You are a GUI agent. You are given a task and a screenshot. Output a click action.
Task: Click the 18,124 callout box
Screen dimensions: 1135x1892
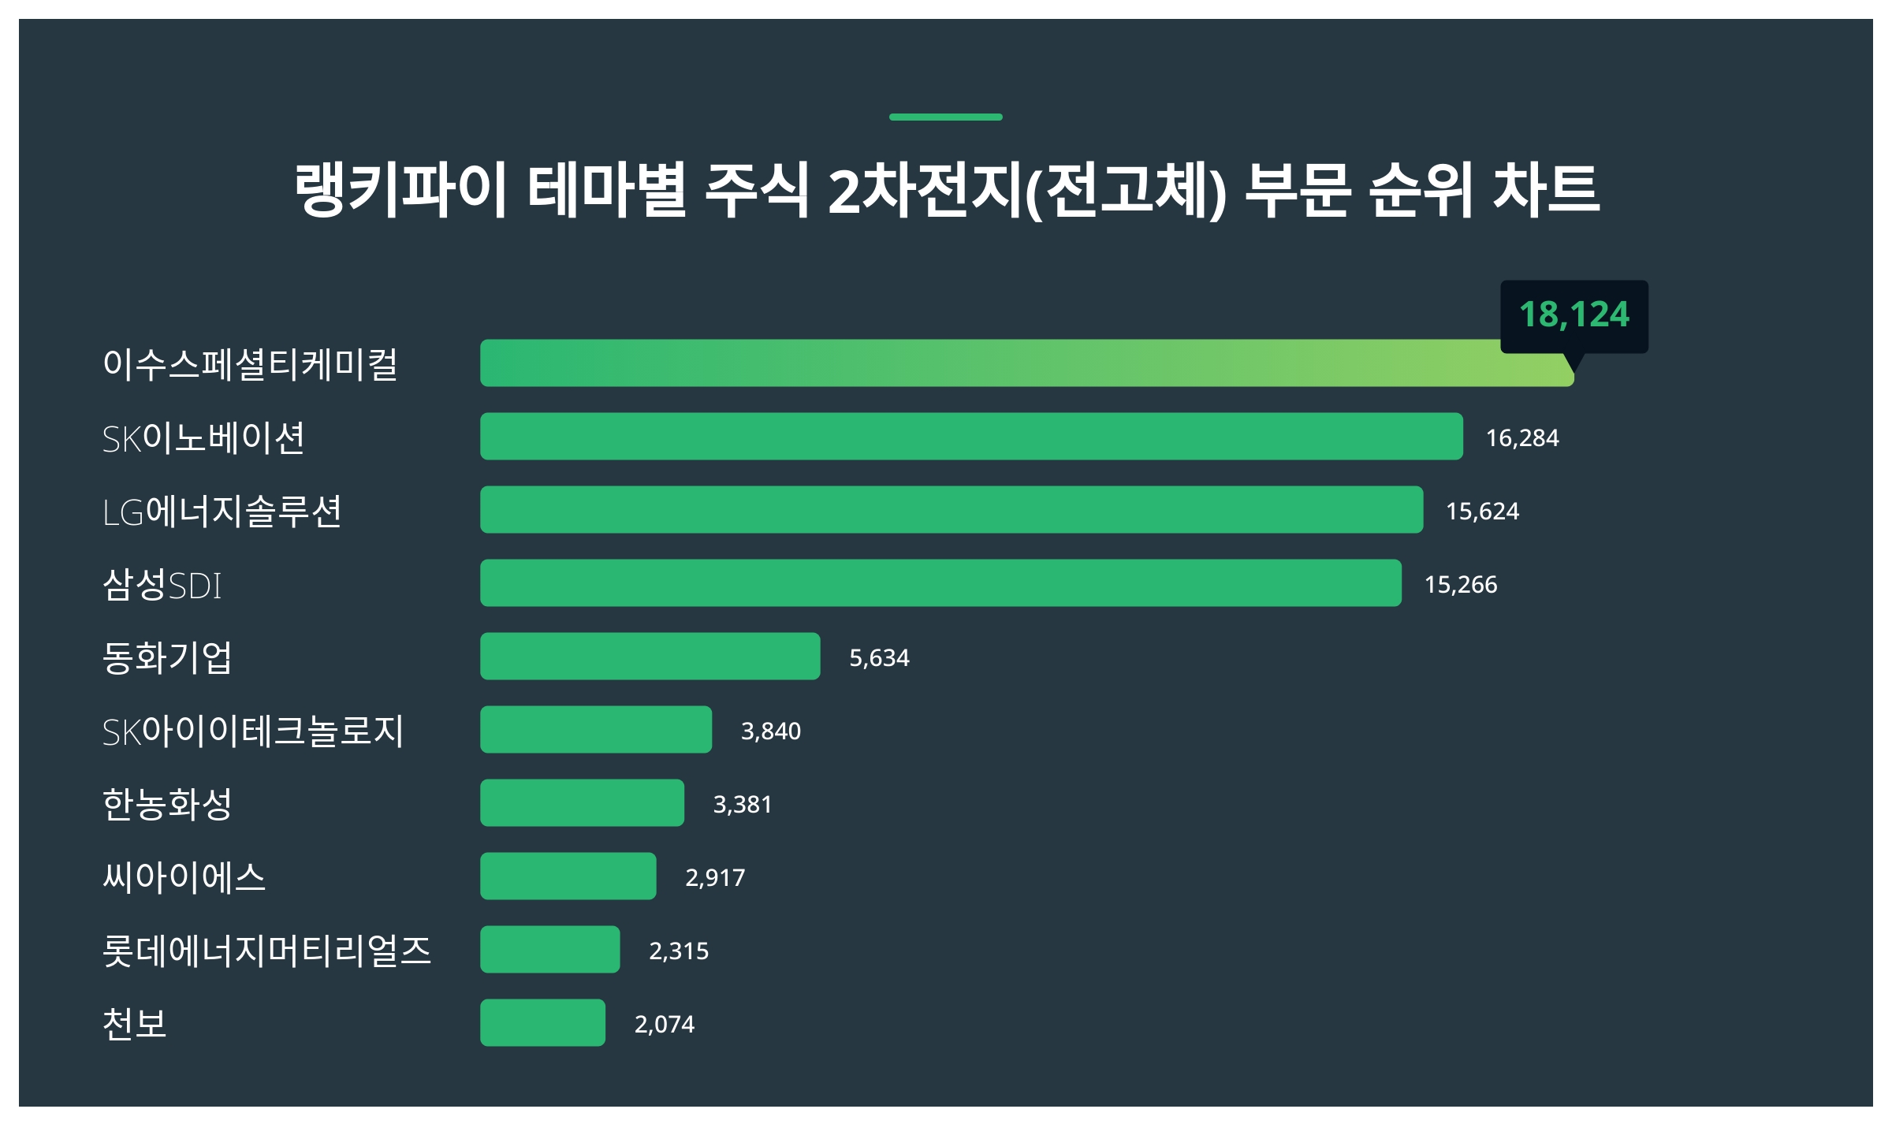(1574, 315)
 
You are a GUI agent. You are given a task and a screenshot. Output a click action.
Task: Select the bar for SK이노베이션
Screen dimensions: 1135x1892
(971, 436)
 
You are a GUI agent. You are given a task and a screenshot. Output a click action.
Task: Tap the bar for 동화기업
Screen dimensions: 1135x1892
(650, 656)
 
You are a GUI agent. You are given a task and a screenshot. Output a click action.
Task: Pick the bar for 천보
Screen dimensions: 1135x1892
(542, 1022)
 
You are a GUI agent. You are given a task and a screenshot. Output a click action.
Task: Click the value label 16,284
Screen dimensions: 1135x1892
(1521, 437)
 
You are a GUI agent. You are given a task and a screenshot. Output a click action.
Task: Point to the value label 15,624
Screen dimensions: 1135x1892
(1481, 511)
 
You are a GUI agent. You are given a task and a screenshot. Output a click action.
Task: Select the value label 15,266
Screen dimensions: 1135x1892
(1460, 584)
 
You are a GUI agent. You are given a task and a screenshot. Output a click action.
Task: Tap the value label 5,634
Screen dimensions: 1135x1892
(878, 657)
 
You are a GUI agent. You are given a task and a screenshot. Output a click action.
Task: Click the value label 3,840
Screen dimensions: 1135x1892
(770, 731)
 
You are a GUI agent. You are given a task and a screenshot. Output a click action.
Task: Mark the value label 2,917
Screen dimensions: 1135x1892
(714, 877)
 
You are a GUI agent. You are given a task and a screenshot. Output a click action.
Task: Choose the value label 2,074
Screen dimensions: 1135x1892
(664, 1024)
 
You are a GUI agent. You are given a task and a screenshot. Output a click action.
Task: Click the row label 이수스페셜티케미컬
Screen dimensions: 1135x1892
(250, 364)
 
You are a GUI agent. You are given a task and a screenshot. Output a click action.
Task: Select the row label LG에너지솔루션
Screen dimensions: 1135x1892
(222, 511)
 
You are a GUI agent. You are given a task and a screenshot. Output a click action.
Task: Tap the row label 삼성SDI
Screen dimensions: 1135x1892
(162, 584)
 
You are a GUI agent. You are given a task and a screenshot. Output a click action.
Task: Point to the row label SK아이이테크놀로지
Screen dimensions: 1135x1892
(252, 731)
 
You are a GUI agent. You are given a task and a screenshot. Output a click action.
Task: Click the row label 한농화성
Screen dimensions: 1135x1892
(167, 804)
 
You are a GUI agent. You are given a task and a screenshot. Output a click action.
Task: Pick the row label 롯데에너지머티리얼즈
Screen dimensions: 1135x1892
(266, 951)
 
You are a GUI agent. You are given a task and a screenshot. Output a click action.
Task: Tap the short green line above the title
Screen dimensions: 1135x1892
(945, 117)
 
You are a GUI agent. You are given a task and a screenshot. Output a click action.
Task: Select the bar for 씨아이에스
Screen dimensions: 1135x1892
(568, 876)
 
